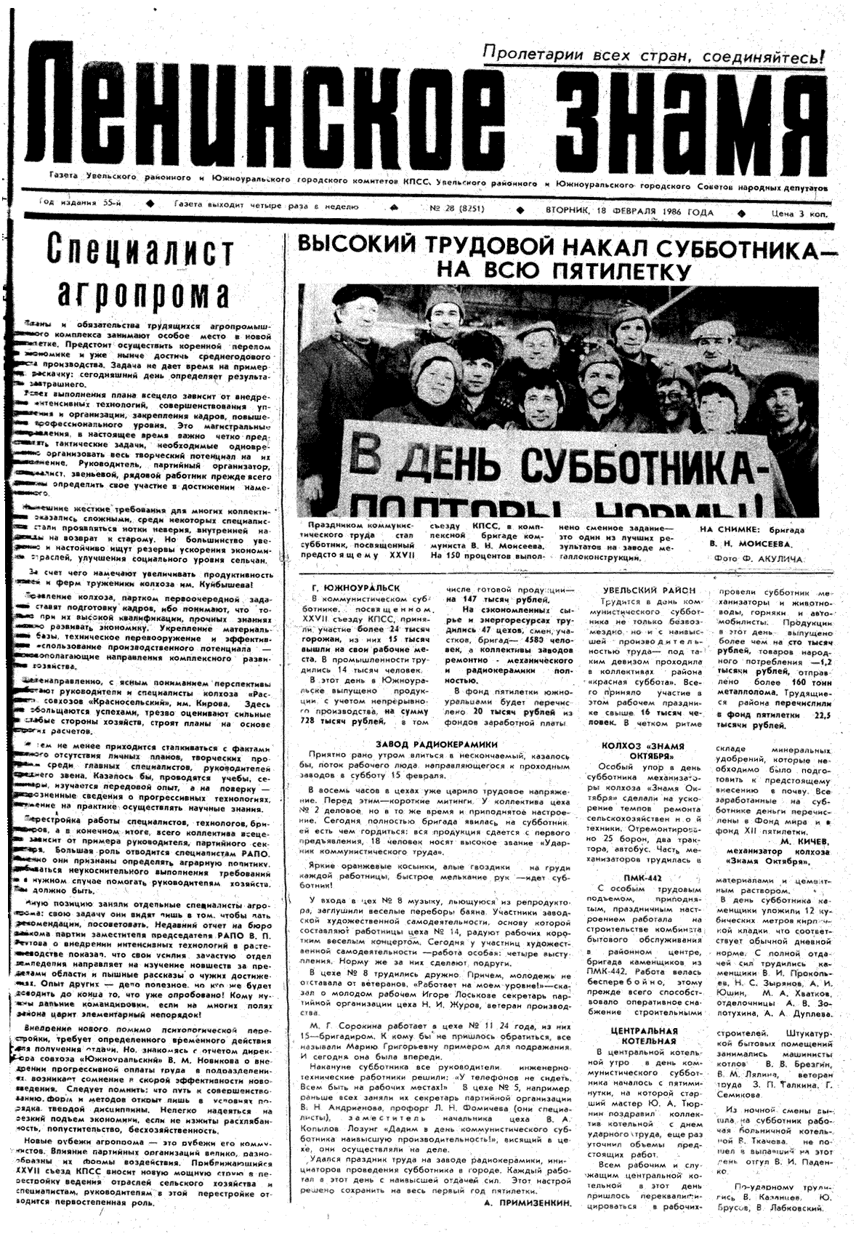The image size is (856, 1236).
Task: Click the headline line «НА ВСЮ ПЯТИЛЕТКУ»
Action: point(563,270)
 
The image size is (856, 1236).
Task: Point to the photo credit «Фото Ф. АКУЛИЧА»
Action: point(751,558)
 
